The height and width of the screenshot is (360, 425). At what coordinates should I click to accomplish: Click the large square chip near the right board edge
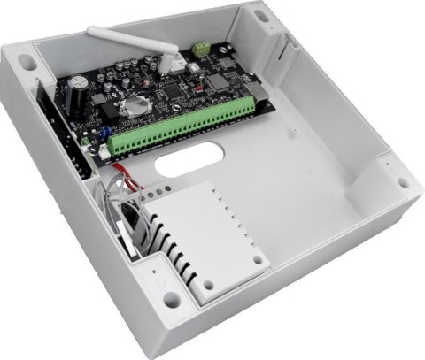coord(218,81)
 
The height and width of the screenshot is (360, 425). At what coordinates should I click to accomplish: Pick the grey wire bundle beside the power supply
coord(123,217)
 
